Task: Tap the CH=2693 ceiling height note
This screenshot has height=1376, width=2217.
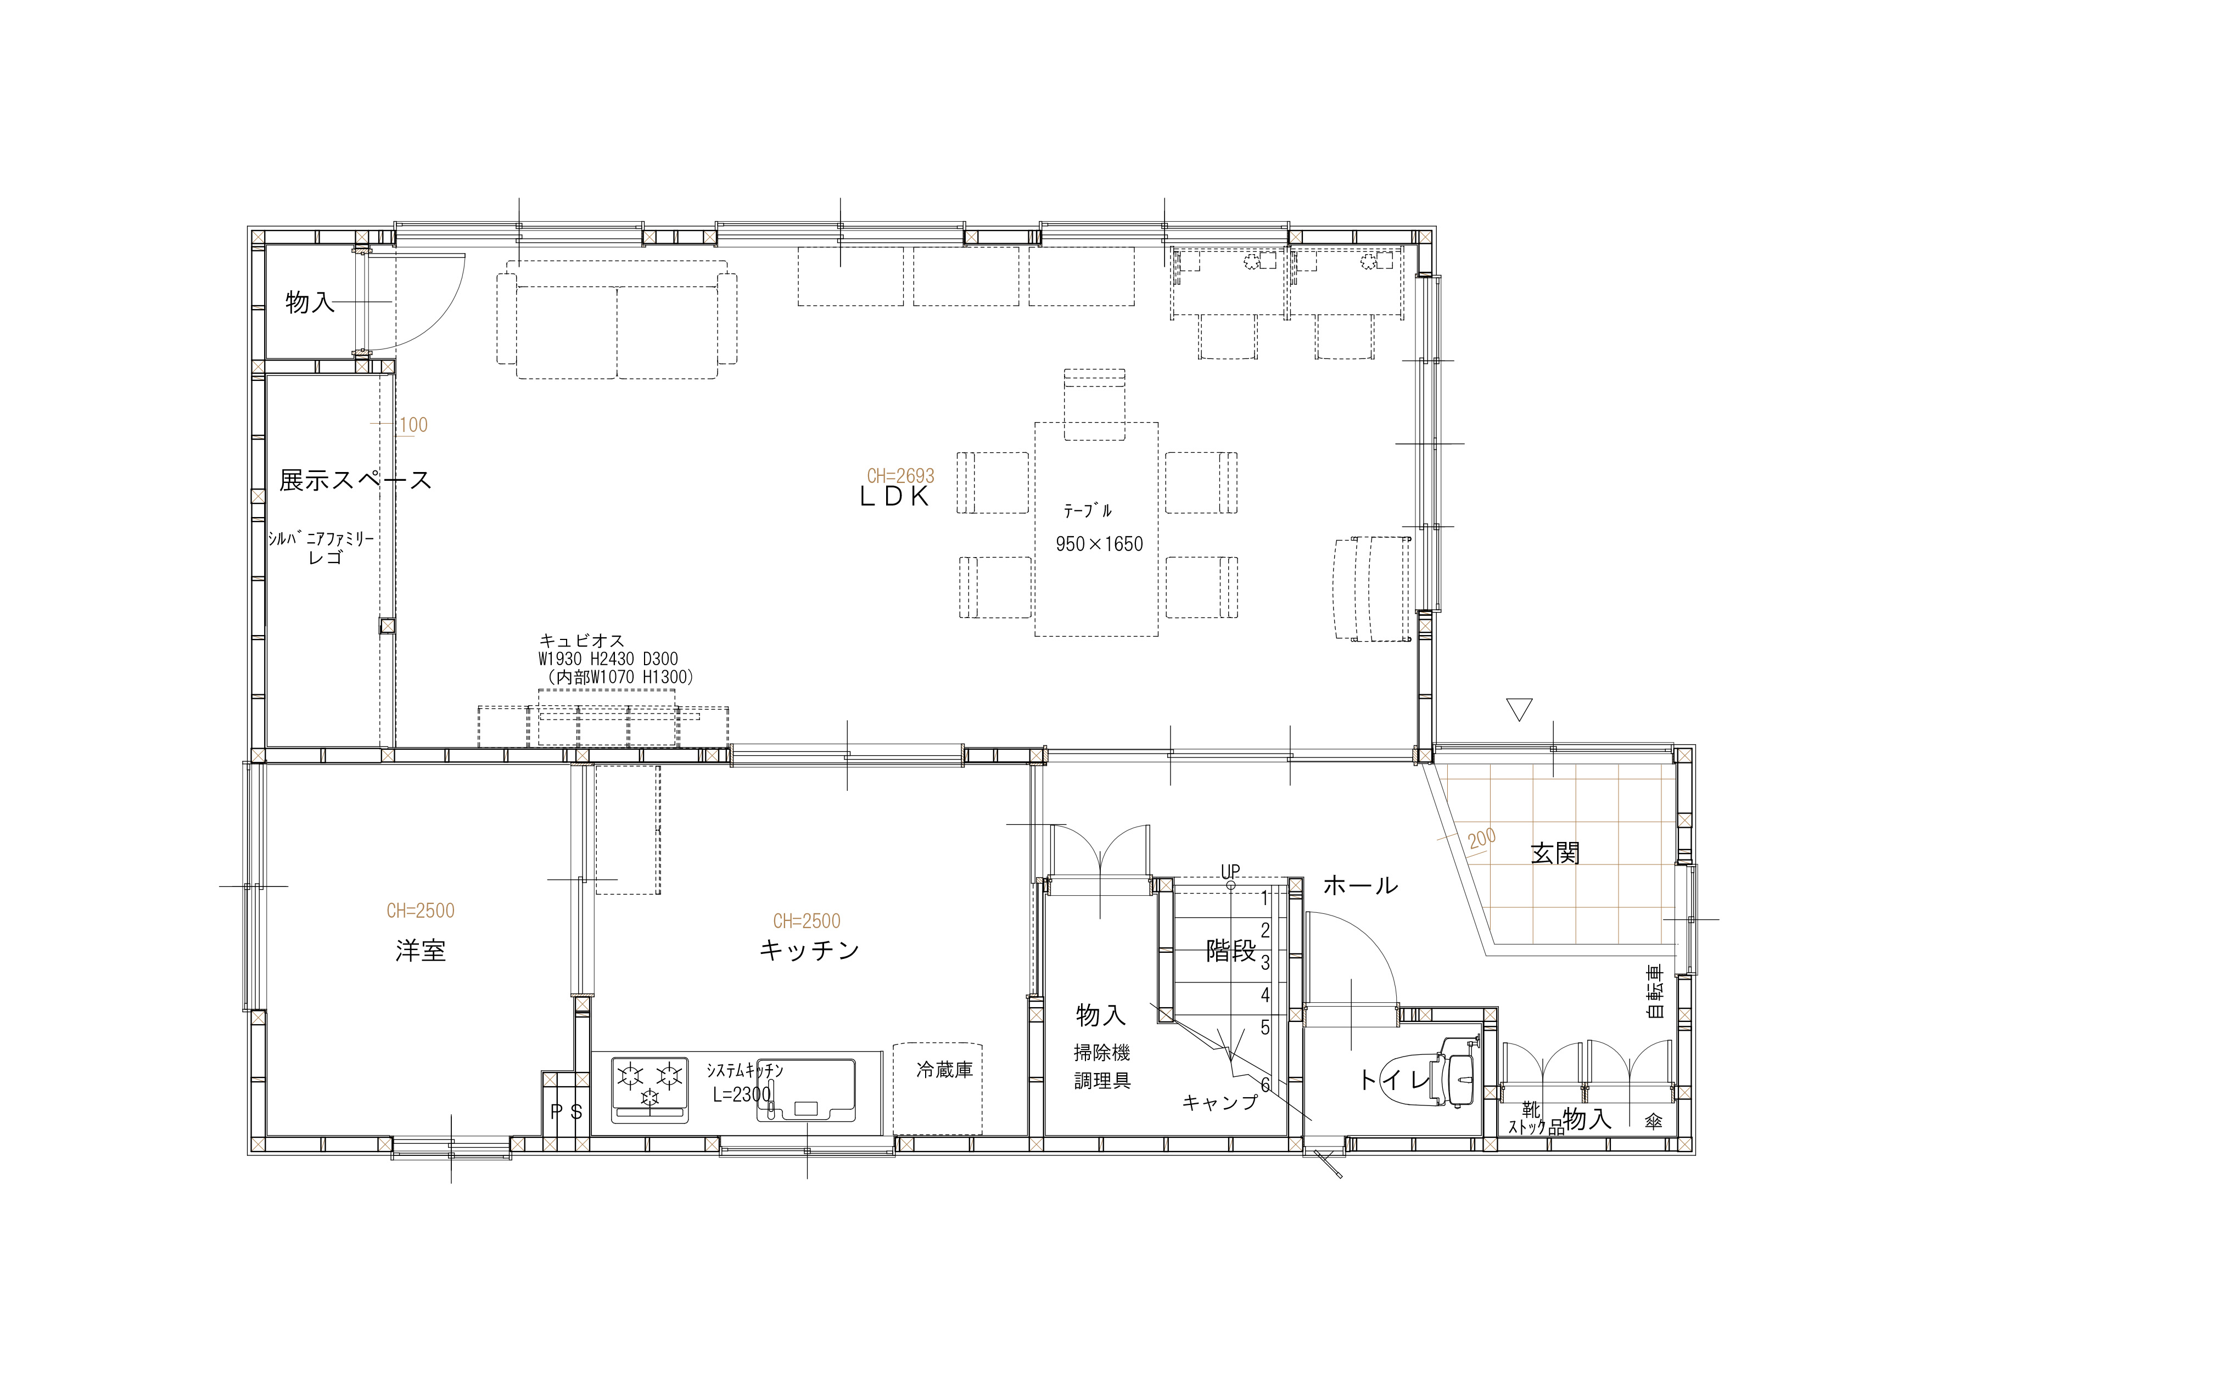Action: click(x=900, y=476)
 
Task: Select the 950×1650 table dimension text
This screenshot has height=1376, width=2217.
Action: click(x=1099, y=544)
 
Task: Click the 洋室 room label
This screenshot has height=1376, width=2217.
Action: click(x=421, y=951)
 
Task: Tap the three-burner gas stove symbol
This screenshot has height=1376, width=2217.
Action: click(x=650, y=1089)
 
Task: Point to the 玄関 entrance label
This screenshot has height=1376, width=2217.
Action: click(x=1555, y=853)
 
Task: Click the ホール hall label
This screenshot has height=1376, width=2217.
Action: click(x=1360, y=885)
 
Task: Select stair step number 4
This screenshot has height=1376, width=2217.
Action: click(x=1265, y=995)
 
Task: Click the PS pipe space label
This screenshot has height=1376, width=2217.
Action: click(x=566, y=1112)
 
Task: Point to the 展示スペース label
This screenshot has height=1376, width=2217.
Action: click(x=355, y=480)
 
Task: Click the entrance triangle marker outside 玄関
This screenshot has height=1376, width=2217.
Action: click(x=1519, y=709)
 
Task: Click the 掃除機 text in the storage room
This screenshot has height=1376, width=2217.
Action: click(x=1102, y=1053)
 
